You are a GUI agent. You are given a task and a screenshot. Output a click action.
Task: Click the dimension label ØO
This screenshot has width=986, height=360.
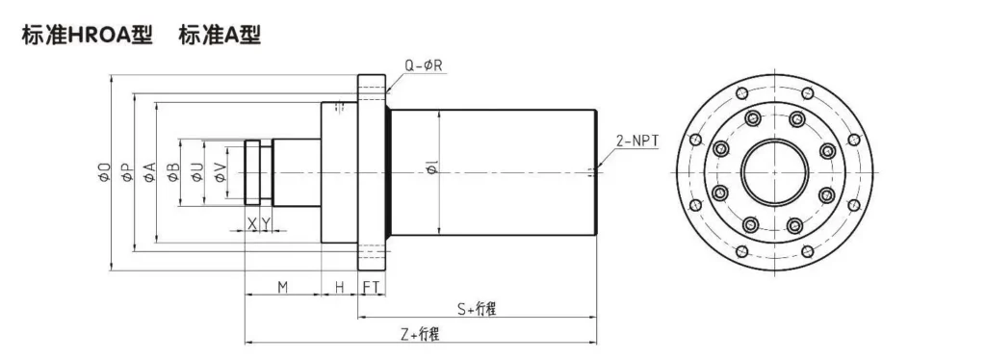click(104, 172)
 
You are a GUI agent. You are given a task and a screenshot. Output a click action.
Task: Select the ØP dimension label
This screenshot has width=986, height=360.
click(126, 172)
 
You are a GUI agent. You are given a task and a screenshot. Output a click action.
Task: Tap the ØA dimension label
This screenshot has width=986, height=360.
click(149, 172)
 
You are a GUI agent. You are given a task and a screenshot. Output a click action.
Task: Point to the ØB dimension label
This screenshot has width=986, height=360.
click(173, 172)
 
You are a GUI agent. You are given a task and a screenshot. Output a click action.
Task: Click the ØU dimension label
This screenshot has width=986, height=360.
click(196, 172)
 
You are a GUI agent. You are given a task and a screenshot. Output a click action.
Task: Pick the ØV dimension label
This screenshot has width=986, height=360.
click(221, 172)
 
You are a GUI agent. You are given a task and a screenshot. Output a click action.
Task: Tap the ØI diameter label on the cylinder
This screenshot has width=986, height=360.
click(430, 172)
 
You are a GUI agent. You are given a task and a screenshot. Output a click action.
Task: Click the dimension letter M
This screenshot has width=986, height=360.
click(283, 287)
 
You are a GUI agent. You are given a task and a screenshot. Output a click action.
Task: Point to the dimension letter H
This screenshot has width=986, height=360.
click(340, 287)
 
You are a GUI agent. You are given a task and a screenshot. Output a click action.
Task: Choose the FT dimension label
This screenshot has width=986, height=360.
click(372, 287)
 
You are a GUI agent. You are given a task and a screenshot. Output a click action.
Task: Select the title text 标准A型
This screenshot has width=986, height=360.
click(220, 36)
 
